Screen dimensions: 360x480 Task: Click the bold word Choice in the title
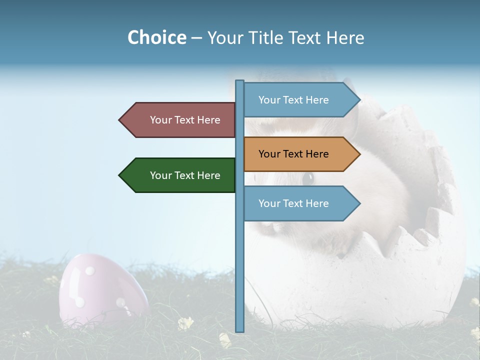(156, 38)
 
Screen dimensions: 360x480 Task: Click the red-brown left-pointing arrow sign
(180, 120)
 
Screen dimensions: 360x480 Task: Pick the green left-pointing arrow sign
(180, 175)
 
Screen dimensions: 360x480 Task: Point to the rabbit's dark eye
(308, 178)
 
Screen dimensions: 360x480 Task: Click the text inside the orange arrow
(293, 154)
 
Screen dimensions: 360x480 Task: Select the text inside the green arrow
(185, 175)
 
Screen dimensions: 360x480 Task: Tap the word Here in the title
(345, 38)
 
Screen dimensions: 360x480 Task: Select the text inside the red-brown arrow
(185, 120)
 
